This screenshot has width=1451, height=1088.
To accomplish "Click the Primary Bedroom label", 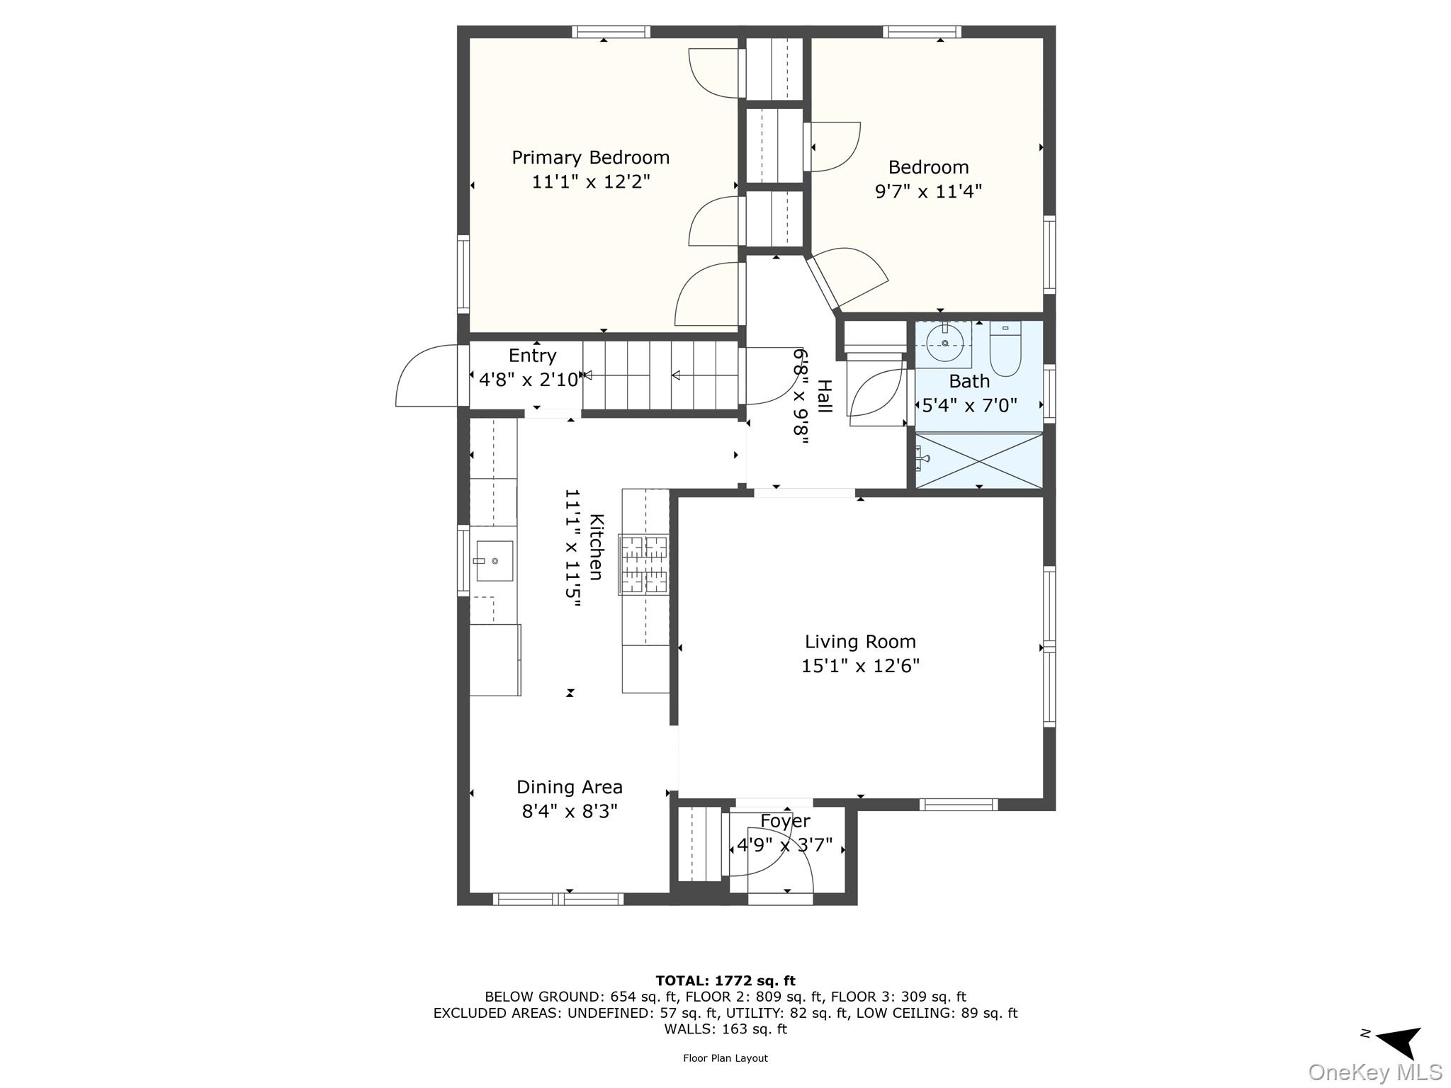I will coord(590,157).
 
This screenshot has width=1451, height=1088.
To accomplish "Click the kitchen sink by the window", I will coord(494,560).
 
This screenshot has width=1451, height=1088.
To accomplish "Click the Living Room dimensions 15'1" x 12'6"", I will coord(860,666).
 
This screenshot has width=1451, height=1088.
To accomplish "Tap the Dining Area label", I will coord(569,787).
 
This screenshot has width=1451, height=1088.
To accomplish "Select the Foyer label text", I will coord(785,821).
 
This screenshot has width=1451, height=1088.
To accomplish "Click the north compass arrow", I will coord(1399,1041).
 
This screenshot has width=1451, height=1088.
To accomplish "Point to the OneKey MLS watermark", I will coord(1375,1072).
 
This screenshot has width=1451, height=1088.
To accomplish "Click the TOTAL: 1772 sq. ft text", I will coord(725,981).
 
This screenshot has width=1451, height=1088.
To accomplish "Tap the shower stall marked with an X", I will coord(978,460).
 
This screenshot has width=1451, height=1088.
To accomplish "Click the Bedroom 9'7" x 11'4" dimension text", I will coord(928,191).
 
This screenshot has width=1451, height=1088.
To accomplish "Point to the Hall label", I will coord(824,396).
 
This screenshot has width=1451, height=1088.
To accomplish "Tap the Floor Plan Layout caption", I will coord(725,1058).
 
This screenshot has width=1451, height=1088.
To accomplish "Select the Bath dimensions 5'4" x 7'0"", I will coord(969,406).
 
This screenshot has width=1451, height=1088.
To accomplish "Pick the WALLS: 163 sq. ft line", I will coord(725,1029).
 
